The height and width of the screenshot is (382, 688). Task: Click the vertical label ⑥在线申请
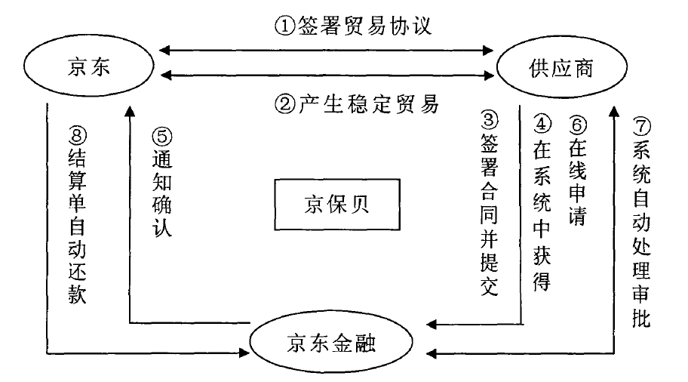pos(579,170)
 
